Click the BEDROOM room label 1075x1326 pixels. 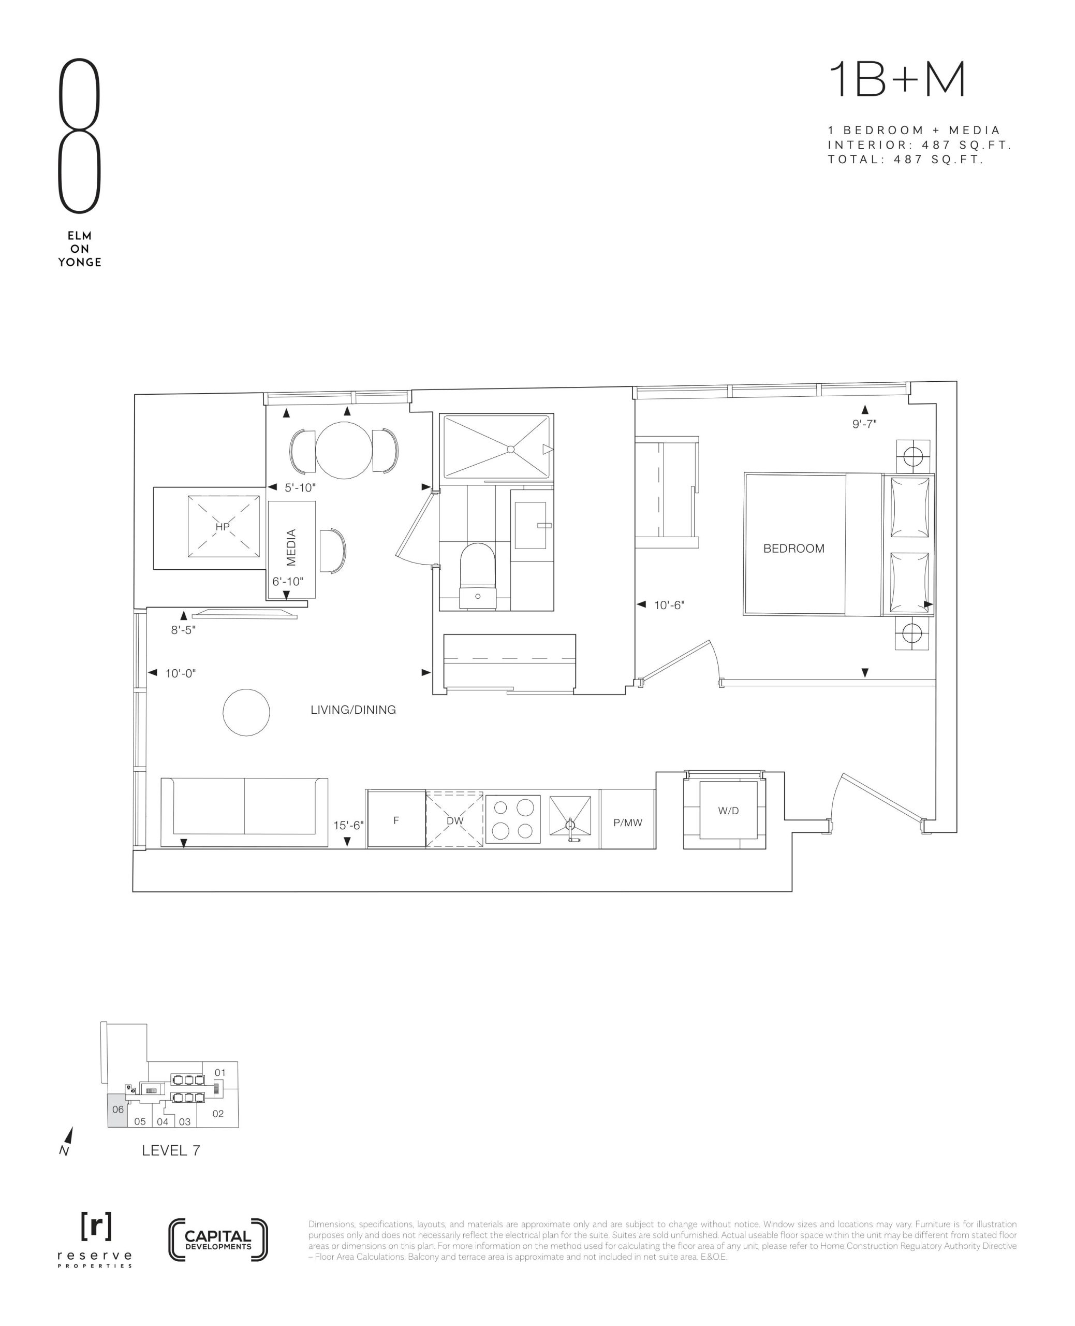[x=793, y=549]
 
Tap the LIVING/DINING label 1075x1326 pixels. [x=353, y=710]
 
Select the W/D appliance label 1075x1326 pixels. [x=728, y=811]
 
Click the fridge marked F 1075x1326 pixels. [x=396, y=818]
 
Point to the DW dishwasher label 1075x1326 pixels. [x=454, y=820]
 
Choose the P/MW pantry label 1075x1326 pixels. [x=628, y=823]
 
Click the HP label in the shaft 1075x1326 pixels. [x=223, y=527]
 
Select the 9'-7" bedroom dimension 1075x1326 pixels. [x=864, y=424]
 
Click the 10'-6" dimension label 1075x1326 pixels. [x=669, y=605]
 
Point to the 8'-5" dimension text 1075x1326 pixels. [x=183, y=630]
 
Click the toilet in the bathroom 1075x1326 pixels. [x=478, y=575]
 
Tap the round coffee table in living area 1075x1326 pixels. [x=246, y=713]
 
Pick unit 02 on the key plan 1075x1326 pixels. [x=218, y=1114]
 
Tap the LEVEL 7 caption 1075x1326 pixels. [x=171, y=1150]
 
